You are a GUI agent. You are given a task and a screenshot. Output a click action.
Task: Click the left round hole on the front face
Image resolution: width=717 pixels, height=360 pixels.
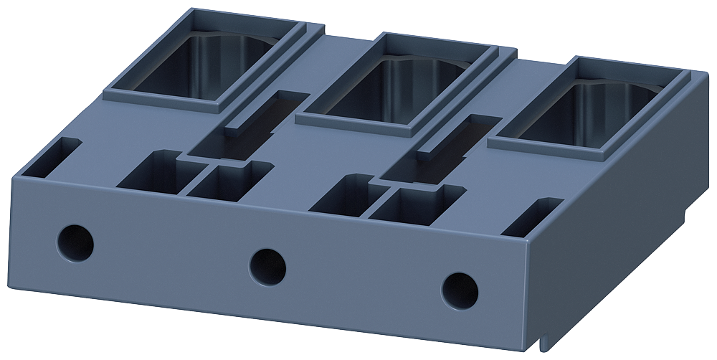point(75,242)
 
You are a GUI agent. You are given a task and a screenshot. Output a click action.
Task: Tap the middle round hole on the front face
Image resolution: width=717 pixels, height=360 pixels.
point(267,265)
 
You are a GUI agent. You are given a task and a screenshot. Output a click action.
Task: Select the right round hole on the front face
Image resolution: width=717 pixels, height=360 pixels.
point(460,290)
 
